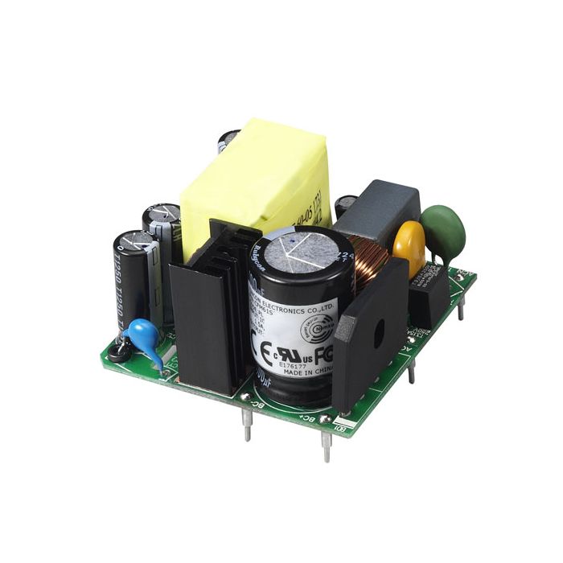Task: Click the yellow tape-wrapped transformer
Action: tap(253, 181)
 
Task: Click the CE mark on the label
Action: tap(266, 351)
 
